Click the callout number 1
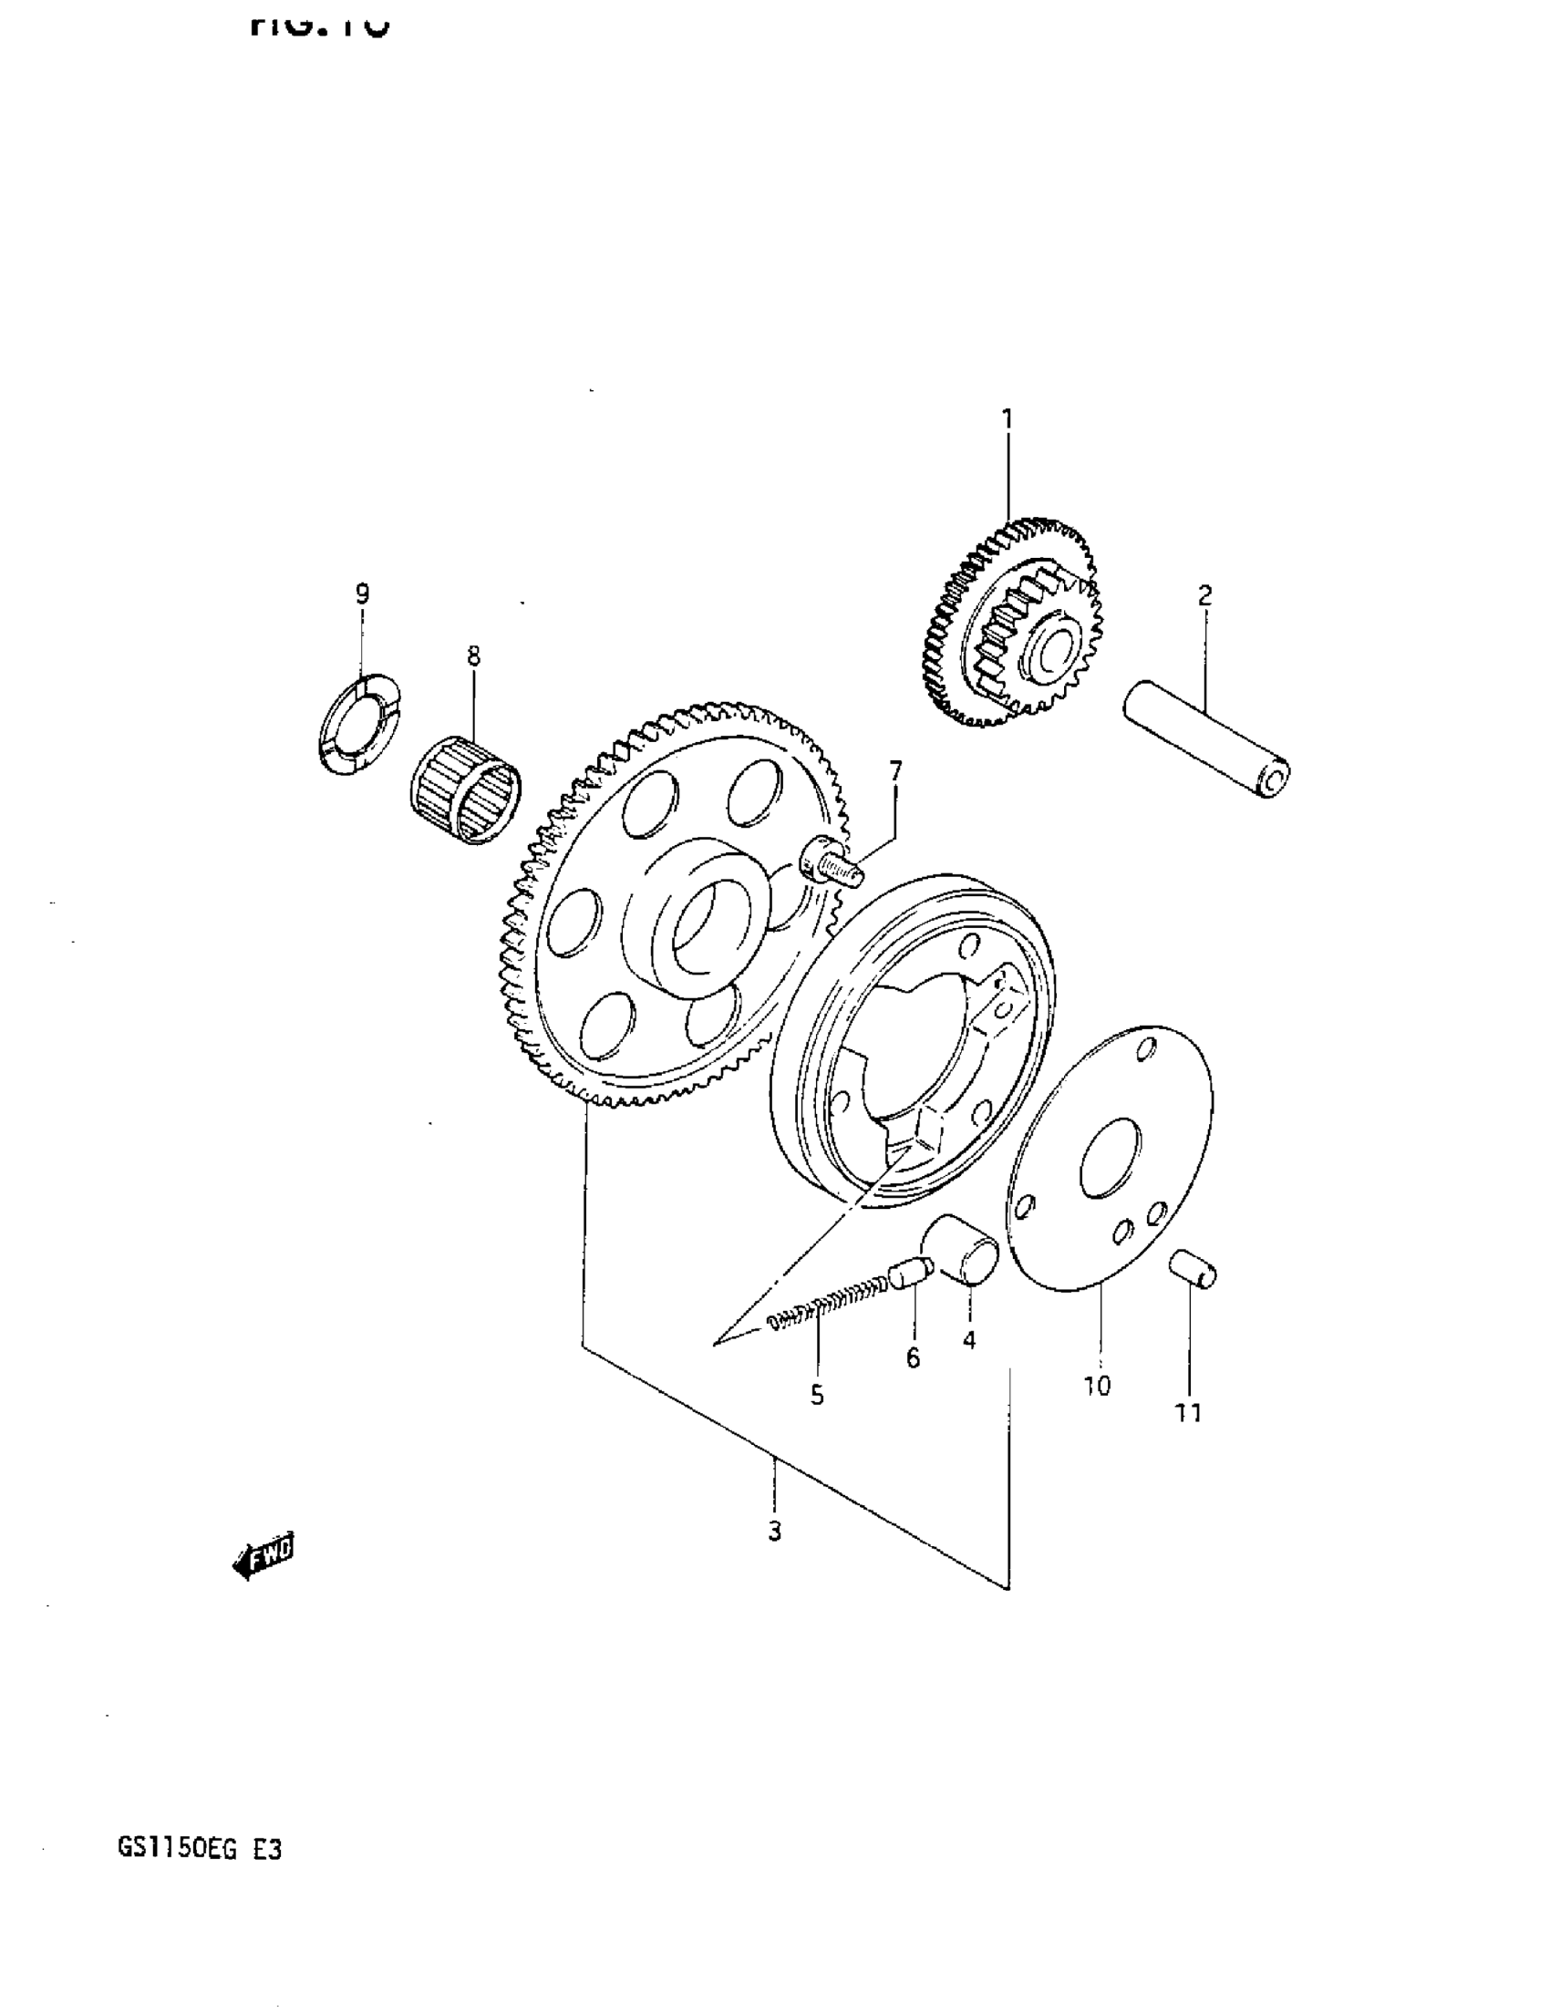[1007, 420]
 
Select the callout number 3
[774, 1532]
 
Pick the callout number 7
[894, 769]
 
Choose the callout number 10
[1098, 1385]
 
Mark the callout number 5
[817, 1395]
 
